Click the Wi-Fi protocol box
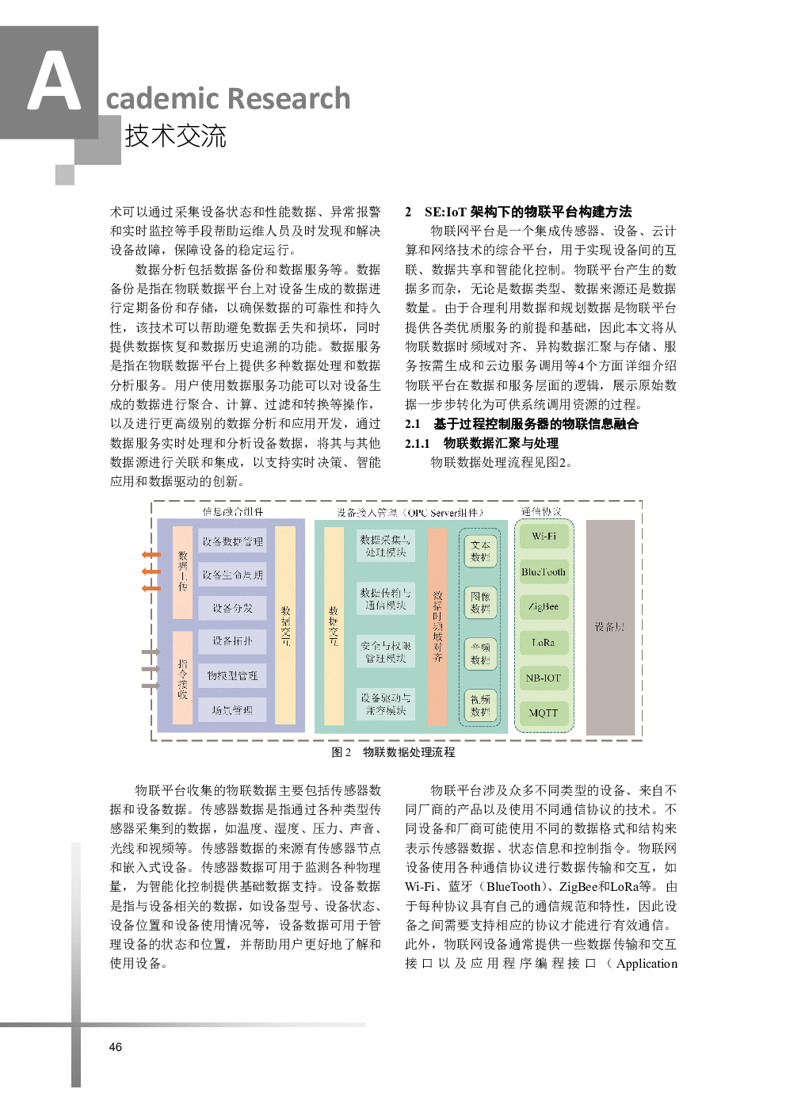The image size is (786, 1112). [x=544, y=537]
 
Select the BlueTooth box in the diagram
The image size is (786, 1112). [x=544, y=571]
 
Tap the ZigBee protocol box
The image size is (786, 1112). [x=544, y=607]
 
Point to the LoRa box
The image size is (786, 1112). [x=544, y=643]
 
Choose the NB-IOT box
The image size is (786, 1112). [x=544, y=678]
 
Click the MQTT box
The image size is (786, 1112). [x=544, y=713]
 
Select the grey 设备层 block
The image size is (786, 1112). [x=610, y=627]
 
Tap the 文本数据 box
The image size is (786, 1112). [x=480, y=551]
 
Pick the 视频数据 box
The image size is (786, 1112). [x=480, y=705]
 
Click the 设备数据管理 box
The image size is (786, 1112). [x=232, y=541]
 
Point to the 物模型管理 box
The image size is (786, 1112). [x=232, y=675]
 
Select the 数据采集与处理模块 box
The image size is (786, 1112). [x=385, y=545]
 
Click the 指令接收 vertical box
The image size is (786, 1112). [x=183, y=678]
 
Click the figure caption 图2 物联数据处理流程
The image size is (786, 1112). [x=393, y=752]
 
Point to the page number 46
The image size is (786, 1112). [x=116, y=1047]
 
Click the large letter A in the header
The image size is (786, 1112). [x=53, y=82]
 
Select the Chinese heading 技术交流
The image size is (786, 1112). [x=176, y=136]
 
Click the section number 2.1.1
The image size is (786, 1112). [x=417, y=443]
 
